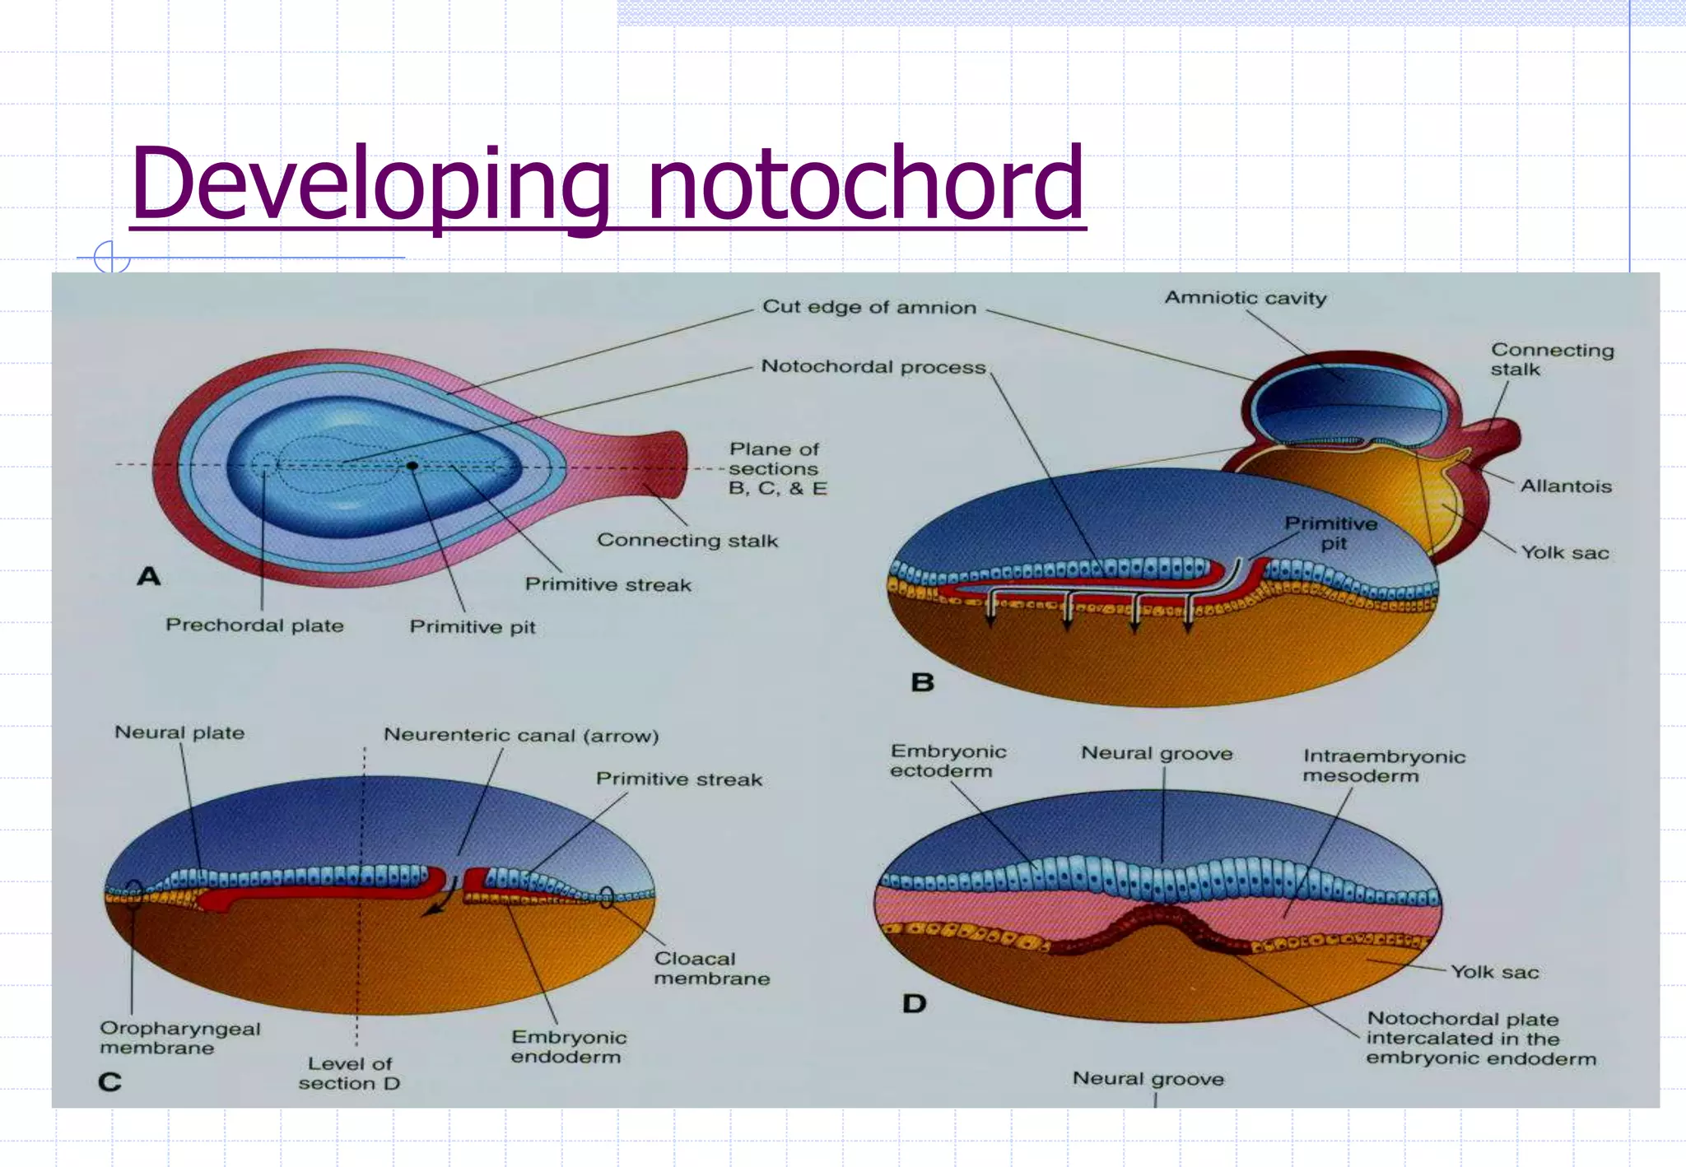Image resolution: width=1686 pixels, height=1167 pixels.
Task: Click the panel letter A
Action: coord(149,576)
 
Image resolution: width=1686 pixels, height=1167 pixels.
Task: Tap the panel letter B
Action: coord(922,682)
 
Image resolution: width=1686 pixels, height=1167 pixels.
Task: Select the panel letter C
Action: coord(109,1081)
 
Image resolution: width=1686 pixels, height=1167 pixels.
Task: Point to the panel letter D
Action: coord(914,1003)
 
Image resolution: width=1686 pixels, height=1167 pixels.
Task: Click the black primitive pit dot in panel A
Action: coord(412,466)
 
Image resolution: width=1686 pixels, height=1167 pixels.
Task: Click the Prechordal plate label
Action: coord(254,625)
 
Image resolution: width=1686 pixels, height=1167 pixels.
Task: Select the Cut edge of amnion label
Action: coord(869,307)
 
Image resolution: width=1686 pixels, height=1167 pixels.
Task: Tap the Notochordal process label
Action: coord(873,366)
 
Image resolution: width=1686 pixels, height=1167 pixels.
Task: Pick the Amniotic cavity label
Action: coord(1245,298)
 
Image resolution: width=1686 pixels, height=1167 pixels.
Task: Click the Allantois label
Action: coord(1565,486)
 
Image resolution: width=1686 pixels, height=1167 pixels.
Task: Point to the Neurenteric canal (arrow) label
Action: coord(521,735)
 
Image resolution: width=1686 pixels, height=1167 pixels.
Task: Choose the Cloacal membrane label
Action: coord(711,969)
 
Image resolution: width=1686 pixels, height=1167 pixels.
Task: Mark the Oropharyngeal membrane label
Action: coord(179,1038)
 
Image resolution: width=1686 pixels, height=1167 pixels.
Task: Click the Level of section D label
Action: coord(349,1073)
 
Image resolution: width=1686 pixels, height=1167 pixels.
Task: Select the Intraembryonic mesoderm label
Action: coord(1383,765)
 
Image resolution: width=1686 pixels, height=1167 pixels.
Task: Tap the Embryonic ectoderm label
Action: coord(948,760)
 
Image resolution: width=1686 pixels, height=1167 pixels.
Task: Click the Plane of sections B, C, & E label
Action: coord(776,468)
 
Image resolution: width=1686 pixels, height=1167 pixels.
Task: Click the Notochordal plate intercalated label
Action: coord(1479,1039)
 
